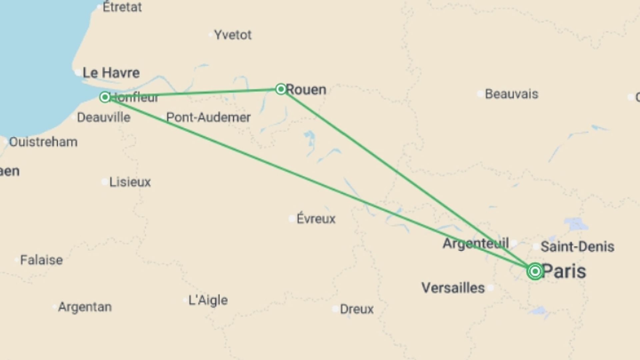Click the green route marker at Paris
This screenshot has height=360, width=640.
click(535, 271)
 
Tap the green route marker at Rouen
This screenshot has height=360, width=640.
click(281, 89)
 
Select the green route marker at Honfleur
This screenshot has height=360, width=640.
click(105, 97)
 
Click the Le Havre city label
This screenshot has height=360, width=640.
click(111, 73)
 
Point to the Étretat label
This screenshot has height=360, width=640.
click(122, 7)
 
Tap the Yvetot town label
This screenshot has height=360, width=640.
click(233, 35)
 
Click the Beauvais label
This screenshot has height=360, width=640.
click(511, 94)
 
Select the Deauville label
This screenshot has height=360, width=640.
click(104, 117)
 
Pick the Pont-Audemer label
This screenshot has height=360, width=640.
click(208, 117)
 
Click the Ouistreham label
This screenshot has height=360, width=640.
click(43, 142)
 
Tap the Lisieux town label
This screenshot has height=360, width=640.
click(130, 182)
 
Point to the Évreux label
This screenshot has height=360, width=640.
click(316, 219)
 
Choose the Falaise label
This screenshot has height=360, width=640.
click(41, 260)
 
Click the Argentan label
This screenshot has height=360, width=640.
click(85, 307)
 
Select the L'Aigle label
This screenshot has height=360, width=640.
click(208, 300)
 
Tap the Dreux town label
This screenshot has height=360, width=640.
click(357, 309)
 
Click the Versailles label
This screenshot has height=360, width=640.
click(453, 288)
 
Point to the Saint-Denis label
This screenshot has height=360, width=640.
click(577, 247)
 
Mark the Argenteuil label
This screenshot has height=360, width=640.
click(476, 243)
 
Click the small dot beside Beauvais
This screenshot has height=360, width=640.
click(480, 94)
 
